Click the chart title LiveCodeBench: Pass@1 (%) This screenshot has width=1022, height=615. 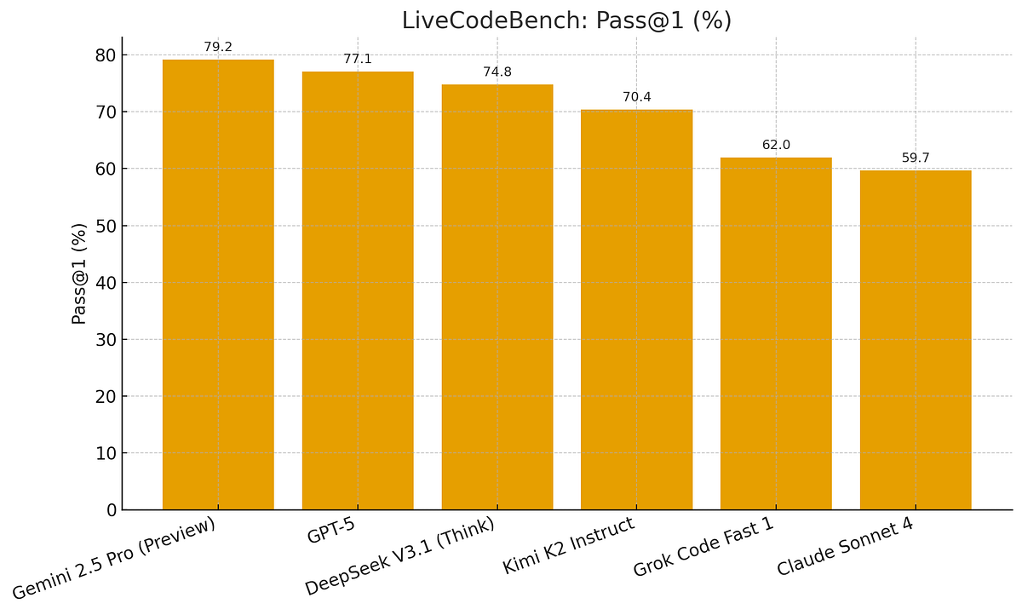point(566,20)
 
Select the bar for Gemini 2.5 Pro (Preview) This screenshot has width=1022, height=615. point(218,285)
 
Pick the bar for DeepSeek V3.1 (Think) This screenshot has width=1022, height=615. point(497,298)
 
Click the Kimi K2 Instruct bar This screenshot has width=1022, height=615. point(636,310)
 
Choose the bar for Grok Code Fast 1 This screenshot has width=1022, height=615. point(776,334)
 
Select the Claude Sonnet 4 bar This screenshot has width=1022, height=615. point(916,341)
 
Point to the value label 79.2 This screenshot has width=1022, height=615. point(218,47)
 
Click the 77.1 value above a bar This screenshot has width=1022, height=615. point(358,59)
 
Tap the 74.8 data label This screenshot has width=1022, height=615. point(497,72)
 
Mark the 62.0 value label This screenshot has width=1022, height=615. point(776,145)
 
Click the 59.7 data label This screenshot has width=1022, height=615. point(916,158)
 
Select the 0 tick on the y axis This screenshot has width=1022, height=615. point(110,510)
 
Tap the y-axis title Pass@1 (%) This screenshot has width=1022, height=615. point(79,273)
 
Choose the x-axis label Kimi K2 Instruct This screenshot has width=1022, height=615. point(568,546)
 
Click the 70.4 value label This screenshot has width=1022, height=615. point(636,97)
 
